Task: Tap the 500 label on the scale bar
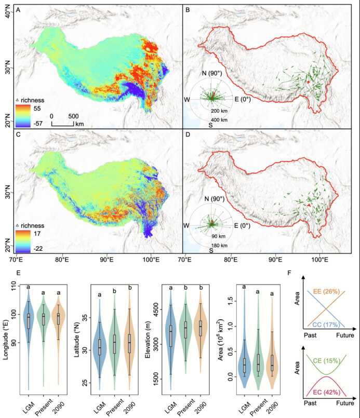point(73,115)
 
